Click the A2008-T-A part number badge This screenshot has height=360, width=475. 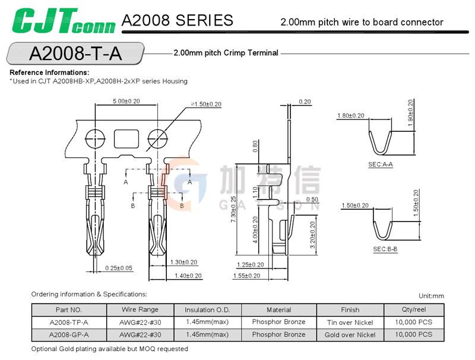click(x=75, y=53)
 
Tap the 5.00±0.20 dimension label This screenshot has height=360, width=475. click(x=126, y=101)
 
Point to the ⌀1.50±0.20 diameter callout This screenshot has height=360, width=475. click(x=206, y=104)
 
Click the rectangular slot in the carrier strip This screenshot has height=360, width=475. click(x=126, y=139)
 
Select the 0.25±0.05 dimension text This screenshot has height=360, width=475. click(x=119, y=268)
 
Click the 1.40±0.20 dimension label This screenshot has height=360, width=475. click(x=188, y=276)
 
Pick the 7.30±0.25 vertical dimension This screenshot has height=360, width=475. click(x=233, y=209)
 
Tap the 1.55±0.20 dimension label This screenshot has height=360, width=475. click(x=246, y=276)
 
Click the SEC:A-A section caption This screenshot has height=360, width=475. click(x=381, y=164)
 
